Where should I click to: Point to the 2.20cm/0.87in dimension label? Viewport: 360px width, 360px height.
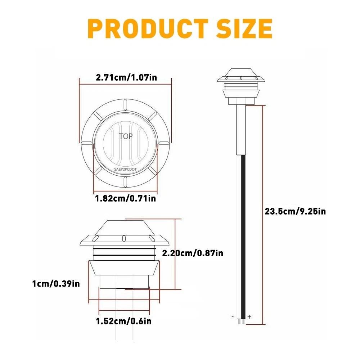coord(193,253)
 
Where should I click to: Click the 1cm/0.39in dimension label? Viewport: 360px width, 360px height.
coord(56,284)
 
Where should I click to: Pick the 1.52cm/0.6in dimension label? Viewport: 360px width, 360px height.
coord(123,321)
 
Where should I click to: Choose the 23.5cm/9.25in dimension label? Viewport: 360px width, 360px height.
coord(295,211)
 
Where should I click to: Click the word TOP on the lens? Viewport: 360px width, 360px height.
coord(126,136)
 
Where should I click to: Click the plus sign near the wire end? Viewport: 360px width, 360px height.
coord(249,317)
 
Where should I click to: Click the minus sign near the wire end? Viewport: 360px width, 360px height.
coord(233,317)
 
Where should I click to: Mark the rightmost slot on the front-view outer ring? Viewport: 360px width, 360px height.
coord(165,144)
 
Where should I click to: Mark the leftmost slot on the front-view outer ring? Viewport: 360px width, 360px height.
coord(86,144)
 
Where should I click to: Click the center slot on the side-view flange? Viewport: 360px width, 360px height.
coord(123,238)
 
